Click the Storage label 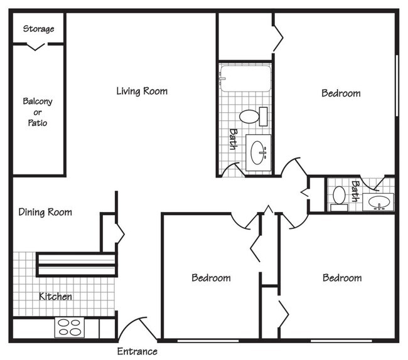click(x=38, y=29)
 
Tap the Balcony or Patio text click(x=38, y=112)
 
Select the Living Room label click(x=142, y=92)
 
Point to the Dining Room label click(x=45, y=212)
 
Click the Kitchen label click(x=55, y=296)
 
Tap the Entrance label click(x=137, y=351)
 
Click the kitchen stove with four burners click(x=70, y=327)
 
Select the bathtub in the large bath click(x=245, y=78)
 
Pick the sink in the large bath click(x=259, y=151)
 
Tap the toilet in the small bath click(x=340, y=196)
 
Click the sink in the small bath click(x=379, y=202)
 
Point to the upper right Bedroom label click(x=341, y=93)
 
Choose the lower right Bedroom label click(x=342, y=278)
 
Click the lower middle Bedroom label click(x=211, y=278)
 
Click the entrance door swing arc click(x=133, y=326)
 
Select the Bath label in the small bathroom click(x=356, y=191)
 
